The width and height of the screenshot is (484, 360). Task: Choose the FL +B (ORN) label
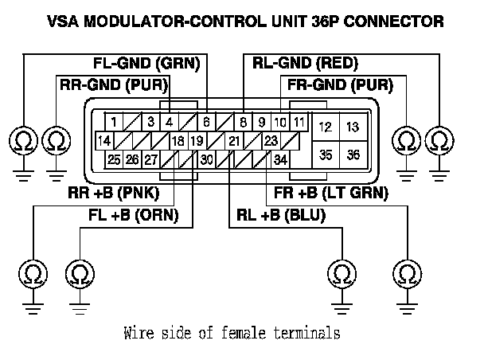[x=133, y=213]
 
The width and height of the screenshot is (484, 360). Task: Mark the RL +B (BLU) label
[x=282, y=213]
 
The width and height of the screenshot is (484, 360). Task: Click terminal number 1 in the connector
[x=115, y=122]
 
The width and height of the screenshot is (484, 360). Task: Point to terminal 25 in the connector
[x=114, y=160]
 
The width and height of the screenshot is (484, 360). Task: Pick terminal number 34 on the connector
[x=280, y=160]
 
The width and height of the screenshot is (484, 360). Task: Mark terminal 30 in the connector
[x=206, y=160]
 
